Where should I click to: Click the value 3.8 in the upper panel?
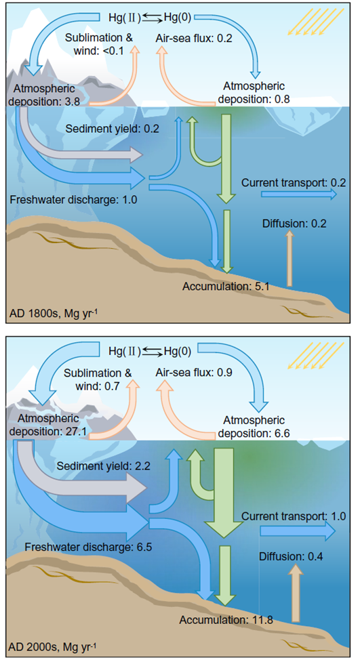click(x=71, y=102)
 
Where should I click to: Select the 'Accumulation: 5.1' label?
click(x=226, y=287)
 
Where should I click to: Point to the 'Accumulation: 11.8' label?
click(x=226, y=620)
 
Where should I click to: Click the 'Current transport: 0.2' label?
click(x=294, y=183)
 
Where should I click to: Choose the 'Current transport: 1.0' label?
click(x=294, y=516)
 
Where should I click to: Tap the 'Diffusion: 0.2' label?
click(x=294, y=224)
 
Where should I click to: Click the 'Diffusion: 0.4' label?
click(x=291, y=556)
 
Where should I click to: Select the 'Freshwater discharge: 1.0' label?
click(x=74, y=199)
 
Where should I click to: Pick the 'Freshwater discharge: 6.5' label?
click(x=88, y=547)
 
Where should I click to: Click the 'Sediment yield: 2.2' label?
click(x=104, y=466)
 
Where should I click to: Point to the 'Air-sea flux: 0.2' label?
click(x=195, y=38)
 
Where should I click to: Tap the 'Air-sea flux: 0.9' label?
click(x=195, y=373)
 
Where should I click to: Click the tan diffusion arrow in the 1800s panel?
click(x=289, y=258)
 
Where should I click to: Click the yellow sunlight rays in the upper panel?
click(x=315, y=22)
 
